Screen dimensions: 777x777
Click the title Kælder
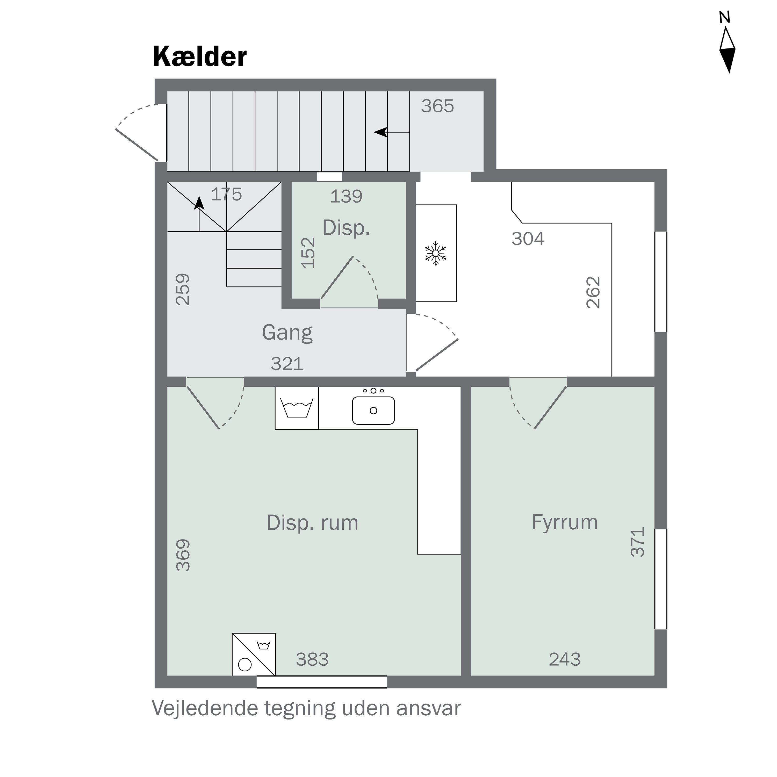pos(199,57)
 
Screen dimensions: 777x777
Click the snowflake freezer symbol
pos(436,253)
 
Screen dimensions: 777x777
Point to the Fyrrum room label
pos(564,522)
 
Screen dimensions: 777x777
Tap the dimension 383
pos(312,660)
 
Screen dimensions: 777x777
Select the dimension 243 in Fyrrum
pos(564,660)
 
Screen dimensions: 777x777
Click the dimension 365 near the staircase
pos(437,106)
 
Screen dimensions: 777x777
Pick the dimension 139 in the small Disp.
pos(346,196)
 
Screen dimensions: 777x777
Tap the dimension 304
pos(528,239)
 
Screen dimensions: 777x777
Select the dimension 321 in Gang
pos(287,364)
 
